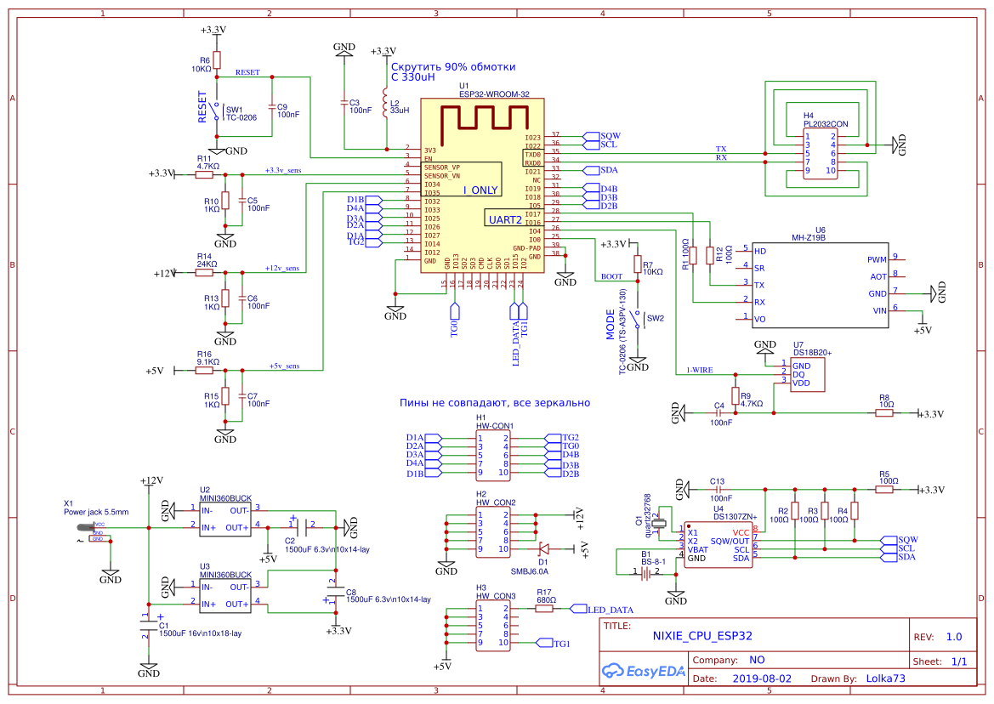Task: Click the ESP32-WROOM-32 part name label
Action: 494,94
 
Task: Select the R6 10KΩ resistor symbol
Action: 217,60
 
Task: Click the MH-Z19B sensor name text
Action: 809,238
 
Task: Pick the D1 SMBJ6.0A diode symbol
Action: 544,548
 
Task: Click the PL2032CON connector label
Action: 825,124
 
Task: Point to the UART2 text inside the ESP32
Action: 505,219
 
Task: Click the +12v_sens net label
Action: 282,268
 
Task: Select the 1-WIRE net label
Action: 699,371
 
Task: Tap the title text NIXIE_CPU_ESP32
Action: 701,635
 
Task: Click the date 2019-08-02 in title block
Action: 761,679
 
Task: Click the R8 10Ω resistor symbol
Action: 884,413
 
